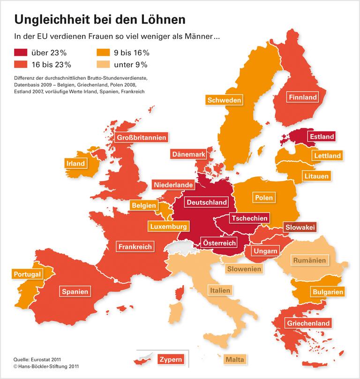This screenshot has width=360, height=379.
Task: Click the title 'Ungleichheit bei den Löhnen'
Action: (99, 19)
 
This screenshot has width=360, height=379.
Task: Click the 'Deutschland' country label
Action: (207, 202)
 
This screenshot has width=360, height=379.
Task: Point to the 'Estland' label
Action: (321, 136)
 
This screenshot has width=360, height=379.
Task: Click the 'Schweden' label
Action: (224, 100)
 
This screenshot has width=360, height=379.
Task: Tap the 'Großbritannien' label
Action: (141, 138)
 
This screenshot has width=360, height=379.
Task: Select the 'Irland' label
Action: (75, 163)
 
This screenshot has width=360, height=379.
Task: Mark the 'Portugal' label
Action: (28, 274)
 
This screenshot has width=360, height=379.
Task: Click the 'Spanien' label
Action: (75, 291)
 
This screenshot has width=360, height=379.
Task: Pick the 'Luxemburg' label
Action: (169, 226)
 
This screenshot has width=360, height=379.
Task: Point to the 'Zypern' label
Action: (171, 360)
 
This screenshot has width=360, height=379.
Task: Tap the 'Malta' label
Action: (235, 359)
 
